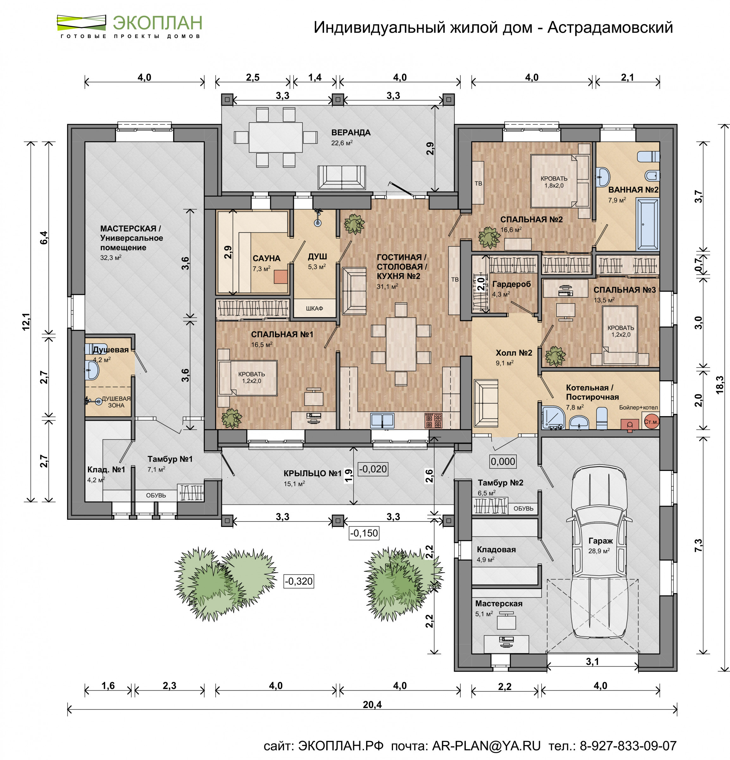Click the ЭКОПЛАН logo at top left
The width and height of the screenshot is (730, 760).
(129, 26)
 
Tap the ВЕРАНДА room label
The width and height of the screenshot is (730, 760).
(351, 133)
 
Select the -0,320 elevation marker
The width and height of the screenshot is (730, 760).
(298, 581)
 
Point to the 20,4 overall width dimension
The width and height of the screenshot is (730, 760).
(372, 705)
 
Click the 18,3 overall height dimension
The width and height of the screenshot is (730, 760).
(720, 385)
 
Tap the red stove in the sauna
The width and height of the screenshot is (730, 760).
(281, 277)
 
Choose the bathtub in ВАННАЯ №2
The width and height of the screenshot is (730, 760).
(647, 224)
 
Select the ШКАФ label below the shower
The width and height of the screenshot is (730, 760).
(314, 309)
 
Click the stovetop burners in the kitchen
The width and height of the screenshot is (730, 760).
(434, 420)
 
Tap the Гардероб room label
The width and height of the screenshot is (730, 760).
(511, 284)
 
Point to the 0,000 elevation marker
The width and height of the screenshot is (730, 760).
(503, 461)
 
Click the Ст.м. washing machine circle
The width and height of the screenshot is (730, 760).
(651, 422)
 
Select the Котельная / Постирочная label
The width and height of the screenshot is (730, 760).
(592, 392)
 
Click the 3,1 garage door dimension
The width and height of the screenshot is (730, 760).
(592, 662)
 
